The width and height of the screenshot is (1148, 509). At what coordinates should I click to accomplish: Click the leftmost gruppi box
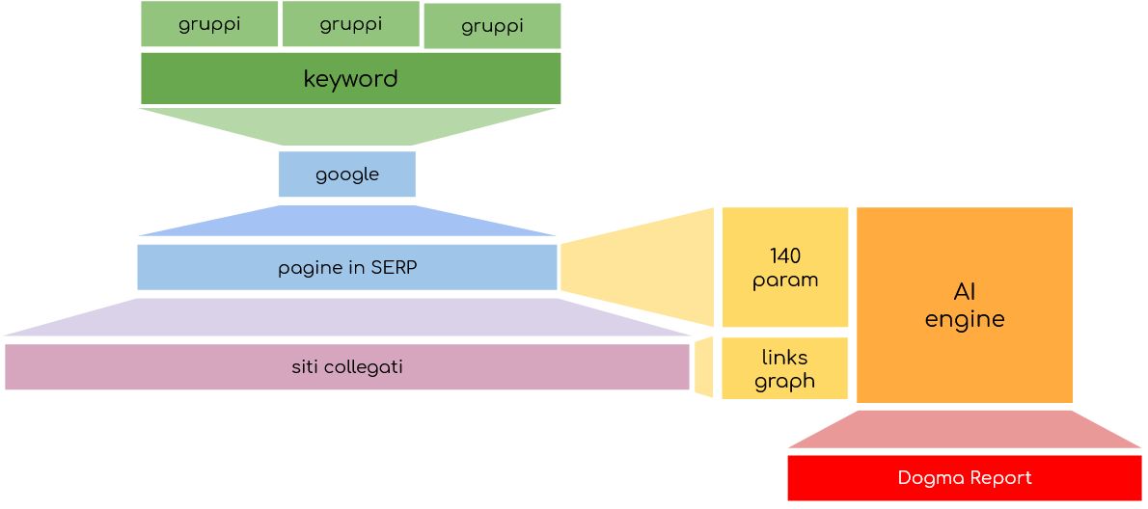[x=209, y=24]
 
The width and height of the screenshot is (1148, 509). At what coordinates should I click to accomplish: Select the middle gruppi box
[x=350, y=24]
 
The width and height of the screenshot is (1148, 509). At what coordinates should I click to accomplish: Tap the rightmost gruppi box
[x=492, y=26]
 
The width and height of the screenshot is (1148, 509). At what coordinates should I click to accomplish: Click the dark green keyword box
[x=350, y=78]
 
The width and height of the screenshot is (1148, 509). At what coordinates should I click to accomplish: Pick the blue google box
[x=347, y=174]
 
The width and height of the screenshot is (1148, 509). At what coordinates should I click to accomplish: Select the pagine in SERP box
[x=347, y=267]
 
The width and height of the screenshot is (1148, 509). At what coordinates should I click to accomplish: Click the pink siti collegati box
[x=347, y=366]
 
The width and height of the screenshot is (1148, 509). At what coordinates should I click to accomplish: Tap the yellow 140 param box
[x=785, y=267]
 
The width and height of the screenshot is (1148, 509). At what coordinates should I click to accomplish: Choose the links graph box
[x=785, y=368]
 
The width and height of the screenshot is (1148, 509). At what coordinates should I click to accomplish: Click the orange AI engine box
[x=965, y=305]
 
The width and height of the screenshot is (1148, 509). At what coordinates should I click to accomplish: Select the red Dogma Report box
[x=965, y=478]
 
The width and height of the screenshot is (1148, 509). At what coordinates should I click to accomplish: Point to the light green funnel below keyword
[x=348, y=126]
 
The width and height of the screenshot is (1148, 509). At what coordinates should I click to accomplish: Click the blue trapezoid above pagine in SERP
[x=348, y=223]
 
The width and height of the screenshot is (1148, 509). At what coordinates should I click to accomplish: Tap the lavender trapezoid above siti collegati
[x=348, y=318]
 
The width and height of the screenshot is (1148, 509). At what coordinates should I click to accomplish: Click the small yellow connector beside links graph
[x=704, y=367]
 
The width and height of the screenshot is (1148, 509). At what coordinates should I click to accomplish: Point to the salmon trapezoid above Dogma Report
[x=965, y=431]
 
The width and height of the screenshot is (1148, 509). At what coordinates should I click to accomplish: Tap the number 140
[x=785, y=256]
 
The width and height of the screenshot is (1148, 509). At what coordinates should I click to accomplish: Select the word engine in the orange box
[x=965, y=319]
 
